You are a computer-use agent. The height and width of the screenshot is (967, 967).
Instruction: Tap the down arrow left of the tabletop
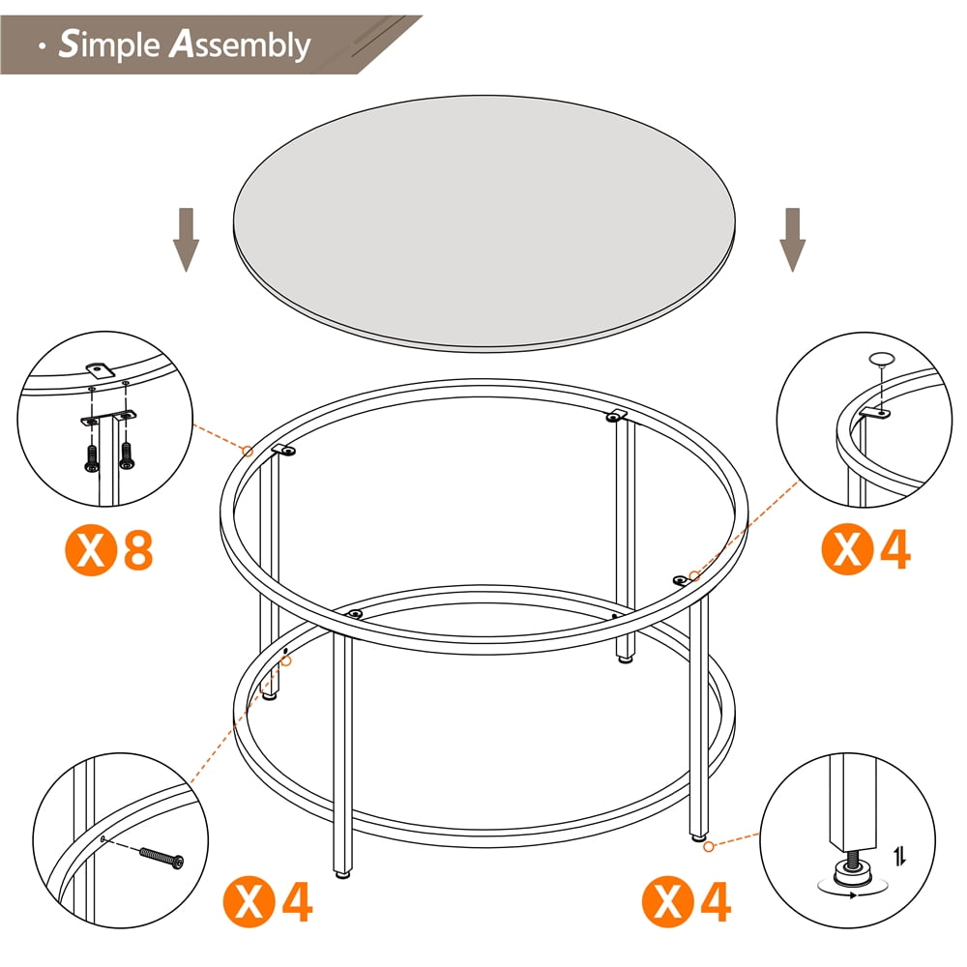(x=186, y=240)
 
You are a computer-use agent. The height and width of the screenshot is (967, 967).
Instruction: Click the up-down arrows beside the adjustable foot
(x=899, y=855)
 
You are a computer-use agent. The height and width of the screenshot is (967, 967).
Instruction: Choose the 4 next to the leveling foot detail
(x=715, y=902)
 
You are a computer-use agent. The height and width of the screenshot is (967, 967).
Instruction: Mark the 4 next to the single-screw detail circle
(x=296, y=902)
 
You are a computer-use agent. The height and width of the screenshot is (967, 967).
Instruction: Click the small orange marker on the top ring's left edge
(x=248, y=451)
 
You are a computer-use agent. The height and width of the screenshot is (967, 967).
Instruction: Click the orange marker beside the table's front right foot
(x=709, y=846)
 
